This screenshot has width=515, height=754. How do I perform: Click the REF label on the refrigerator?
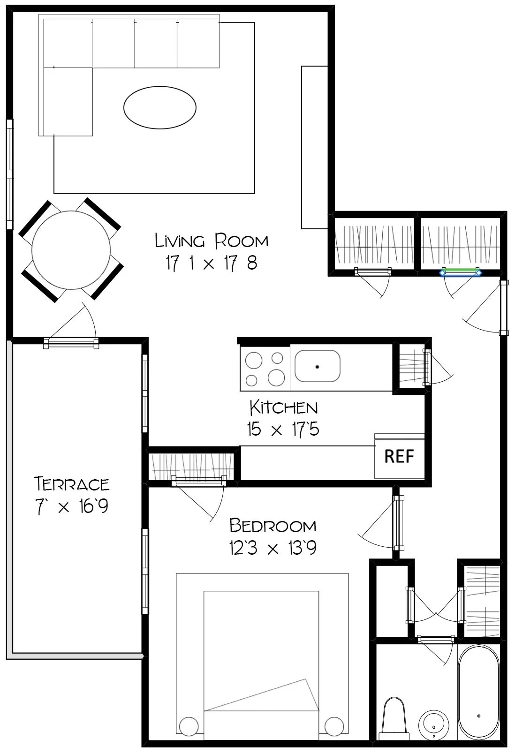coord(399,456)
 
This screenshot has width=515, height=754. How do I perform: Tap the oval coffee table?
coord(160,107)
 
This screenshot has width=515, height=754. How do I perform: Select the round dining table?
coord(71,250)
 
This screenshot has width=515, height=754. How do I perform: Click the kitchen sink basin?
coord(318,366)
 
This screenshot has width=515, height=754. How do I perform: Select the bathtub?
coord(478,697)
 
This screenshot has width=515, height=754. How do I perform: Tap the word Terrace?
coord(72,483)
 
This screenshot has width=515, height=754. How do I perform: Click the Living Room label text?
coord(212,241)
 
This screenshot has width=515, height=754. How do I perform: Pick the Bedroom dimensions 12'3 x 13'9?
coord(273,548)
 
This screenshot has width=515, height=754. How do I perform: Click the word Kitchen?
coord(283,407)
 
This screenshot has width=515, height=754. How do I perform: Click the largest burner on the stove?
coord(277,377)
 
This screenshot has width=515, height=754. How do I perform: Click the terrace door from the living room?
coord(71,344)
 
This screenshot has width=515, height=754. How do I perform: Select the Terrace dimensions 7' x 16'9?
coord(72,506)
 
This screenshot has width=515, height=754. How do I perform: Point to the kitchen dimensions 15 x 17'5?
coord(283,429)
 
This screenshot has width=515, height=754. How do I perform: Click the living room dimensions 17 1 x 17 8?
coord(212,264)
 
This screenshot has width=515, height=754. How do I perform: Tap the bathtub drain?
coord(479,716)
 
